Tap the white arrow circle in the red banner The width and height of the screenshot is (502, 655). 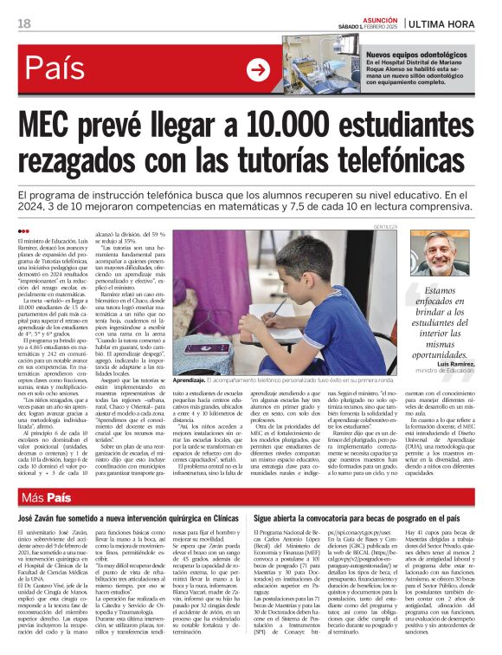tap(258, 68)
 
